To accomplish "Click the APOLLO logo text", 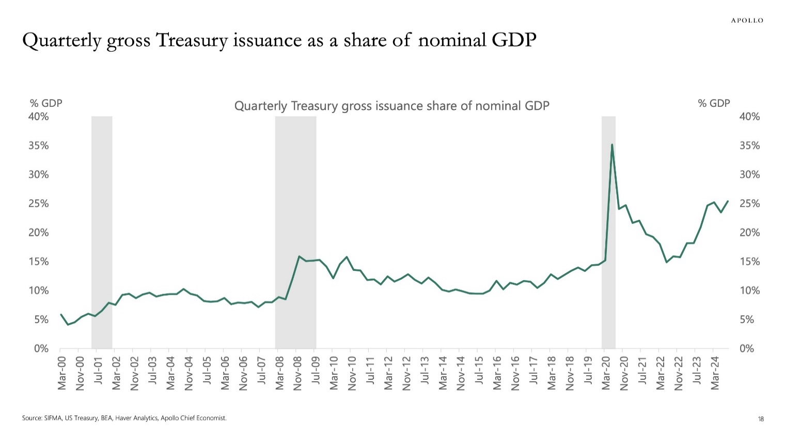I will coord(747,21).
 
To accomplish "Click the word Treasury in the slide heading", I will coord(191,40).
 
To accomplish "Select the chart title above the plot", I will coord(391,106).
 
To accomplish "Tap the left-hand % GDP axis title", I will coord(46,103).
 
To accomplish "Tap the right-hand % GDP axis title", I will coord(714,103).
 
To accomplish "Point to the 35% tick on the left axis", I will coord(39,146).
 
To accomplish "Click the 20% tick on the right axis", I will coord(749,233).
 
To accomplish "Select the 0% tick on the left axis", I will coord(41,349).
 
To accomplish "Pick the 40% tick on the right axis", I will coord(749,117).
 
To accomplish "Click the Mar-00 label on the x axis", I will coord(62,373).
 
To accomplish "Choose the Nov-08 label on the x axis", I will coord(297,373).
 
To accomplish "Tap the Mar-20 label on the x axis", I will coord(606,373).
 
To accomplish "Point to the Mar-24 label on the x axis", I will coord(715,373).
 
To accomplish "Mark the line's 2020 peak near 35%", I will coord(612,145).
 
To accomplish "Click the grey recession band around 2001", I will coord(102,232).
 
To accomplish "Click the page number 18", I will coord(761,419).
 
